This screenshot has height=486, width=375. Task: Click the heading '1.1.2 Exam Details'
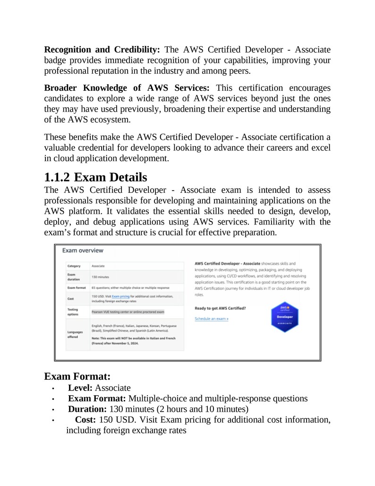[95, 178]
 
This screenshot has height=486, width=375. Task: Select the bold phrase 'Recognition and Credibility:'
[102, 50]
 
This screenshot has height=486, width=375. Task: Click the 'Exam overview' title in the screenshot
[83, 250]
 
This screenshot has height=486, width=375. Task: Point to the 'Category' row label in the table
[74, 266]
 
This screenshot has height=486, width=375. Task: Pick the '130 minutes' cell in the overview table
[100, 277]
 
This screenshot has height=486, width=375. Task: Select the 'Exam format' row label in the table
[77, 287]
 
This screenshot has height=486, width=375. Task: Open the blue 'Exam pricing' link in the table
[120, 296]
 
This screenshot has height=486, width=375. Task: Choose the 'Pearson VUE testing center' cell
[128, 312]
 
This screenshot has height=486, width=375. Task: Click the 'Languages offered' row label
[76, 334]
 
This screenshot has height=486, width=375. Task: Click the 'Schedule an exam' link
[212, 319]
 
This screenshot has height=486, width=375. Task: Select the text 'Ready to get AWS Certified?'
[220, 308]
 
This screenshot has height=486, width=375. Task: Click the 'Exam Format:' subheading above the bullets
[77, 376]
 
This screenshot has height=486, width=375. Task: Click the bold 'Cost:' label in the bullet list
[86, 420]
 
